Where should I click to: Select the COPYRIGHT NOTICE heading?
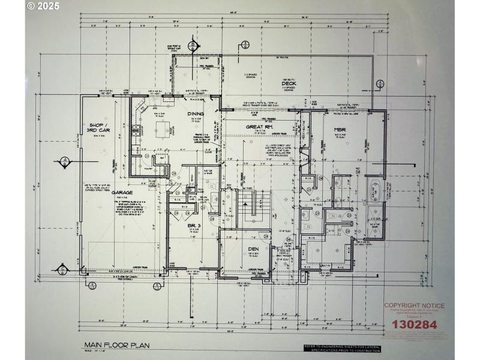pyautogui.click(x=414, y=305)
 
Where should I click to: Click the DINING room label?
pyautogui.click(x=196, y=114)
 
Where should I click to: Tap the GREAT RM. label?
pyautogui.click(x=259, y=127)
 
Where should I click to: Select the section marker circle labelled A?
pyautogui.click(x=64, y=161)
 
